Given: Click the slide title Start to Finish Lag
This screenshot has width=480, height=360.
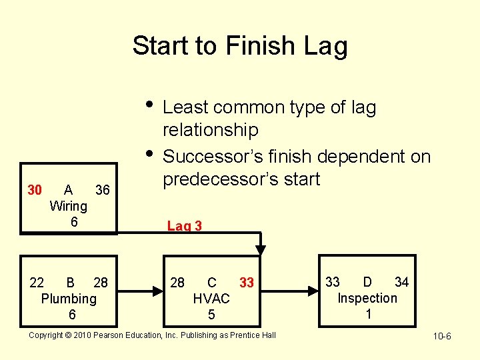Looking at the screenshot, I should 240,46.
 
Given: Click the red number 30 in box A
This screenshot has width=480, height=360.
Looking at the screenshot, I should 35,190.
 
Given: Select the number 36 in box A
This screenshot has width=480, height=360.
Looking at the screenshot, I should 102,190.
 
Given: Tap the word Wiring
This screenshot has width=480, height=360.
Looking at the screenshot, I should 69,206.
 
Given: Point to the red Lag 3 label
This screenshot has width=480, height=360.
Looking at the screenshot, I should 185,226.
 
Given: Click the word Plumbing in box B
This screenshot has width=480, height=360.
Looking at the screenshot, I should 69,298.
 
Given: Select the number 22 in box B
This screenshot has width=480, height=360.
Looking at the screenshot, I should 37,283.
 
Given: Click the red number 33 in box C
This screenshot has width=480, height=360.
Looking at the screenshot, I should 247,283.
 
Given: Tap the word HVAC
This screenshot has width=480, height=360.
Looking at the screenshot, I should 211,298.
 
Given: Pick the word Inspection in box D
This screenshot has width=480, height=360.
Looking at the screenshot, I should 367,298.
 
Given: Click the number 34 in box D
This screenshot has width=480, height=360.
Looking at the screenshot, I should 401,282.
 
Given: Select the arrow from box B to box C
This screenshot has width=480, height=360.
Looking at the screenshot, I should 141,291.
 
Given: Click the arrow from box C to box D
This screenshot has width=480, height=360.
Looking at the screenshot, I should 293,291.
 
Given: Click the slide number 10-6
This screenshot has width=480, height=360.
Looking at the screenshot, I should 441,336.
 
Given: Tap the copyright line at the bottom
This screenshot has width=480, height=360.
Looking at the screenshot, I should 152,335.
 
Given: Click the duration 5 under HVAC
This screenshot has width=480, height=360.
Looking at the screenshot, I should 211,313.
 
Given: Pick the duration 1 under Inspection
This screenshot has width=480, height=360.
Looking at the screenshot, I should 368,313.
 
